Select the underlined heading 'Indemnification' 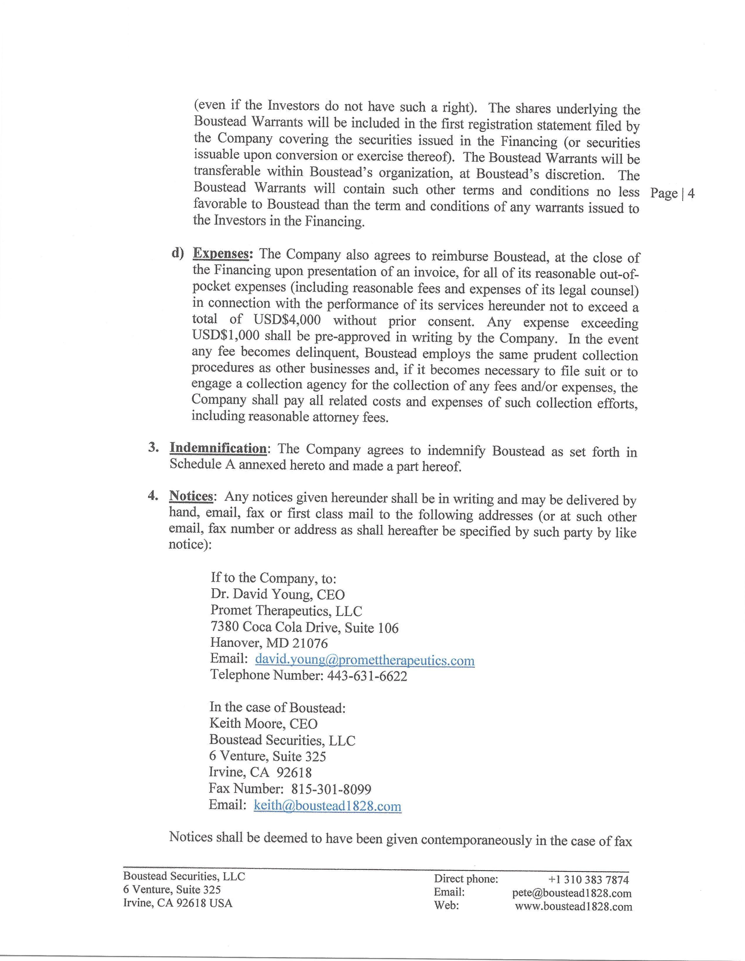click(x=218, y=448)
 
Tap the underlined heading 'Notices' click(x=191, y=496)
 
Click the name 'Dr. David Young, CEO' click(x=278, y=594)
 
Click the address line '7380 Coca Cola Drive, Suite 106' click(x=304, y=628)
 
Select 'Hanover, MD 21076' click(x=269, y=643)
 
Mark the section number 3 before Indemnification click(x=152, y=447)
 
